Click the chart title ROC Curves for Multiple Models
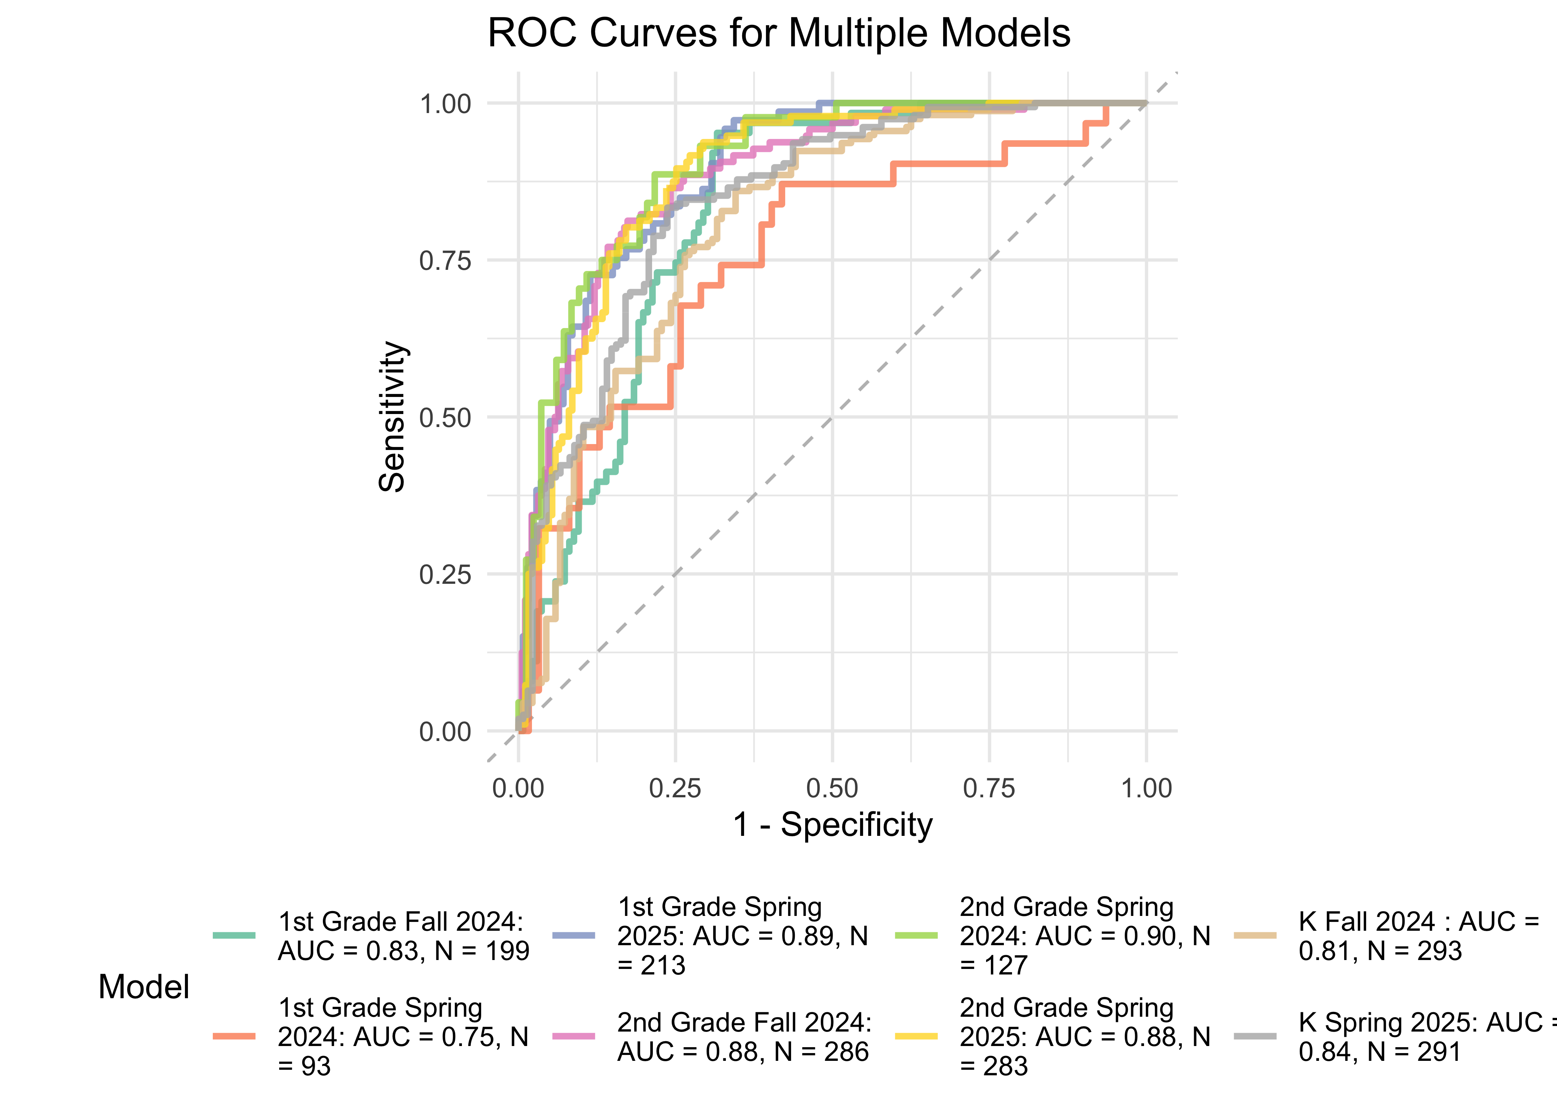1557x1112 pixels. [x=778, y=33]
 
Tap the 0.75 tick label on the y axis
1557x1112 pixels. [x=445, y=261]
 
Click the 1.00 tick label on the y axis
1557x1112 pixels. [x=445, y=104]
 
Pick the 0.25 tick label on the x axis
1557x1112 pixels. [x=675, y=788]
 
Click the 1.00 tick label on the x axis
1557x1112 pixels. [x=1146, y=788]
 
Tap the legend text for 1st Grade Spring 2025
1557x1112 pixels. [x=742, y=936]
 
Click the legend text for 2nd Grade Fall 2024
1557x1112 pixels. [x=744, y=1037]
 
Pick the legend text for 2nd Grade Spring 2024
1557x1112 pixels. [x=1085, y=936]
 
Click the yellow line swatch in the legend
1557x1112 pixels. [x=916, y=1037]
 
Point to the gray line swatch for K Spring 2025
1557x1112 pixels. [x=1255, y=1037]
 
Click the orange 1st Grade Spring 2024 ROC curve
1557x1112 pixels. [x=945, y=164]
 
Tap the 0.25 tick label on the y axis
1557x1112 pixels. [x=445, y=575]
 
